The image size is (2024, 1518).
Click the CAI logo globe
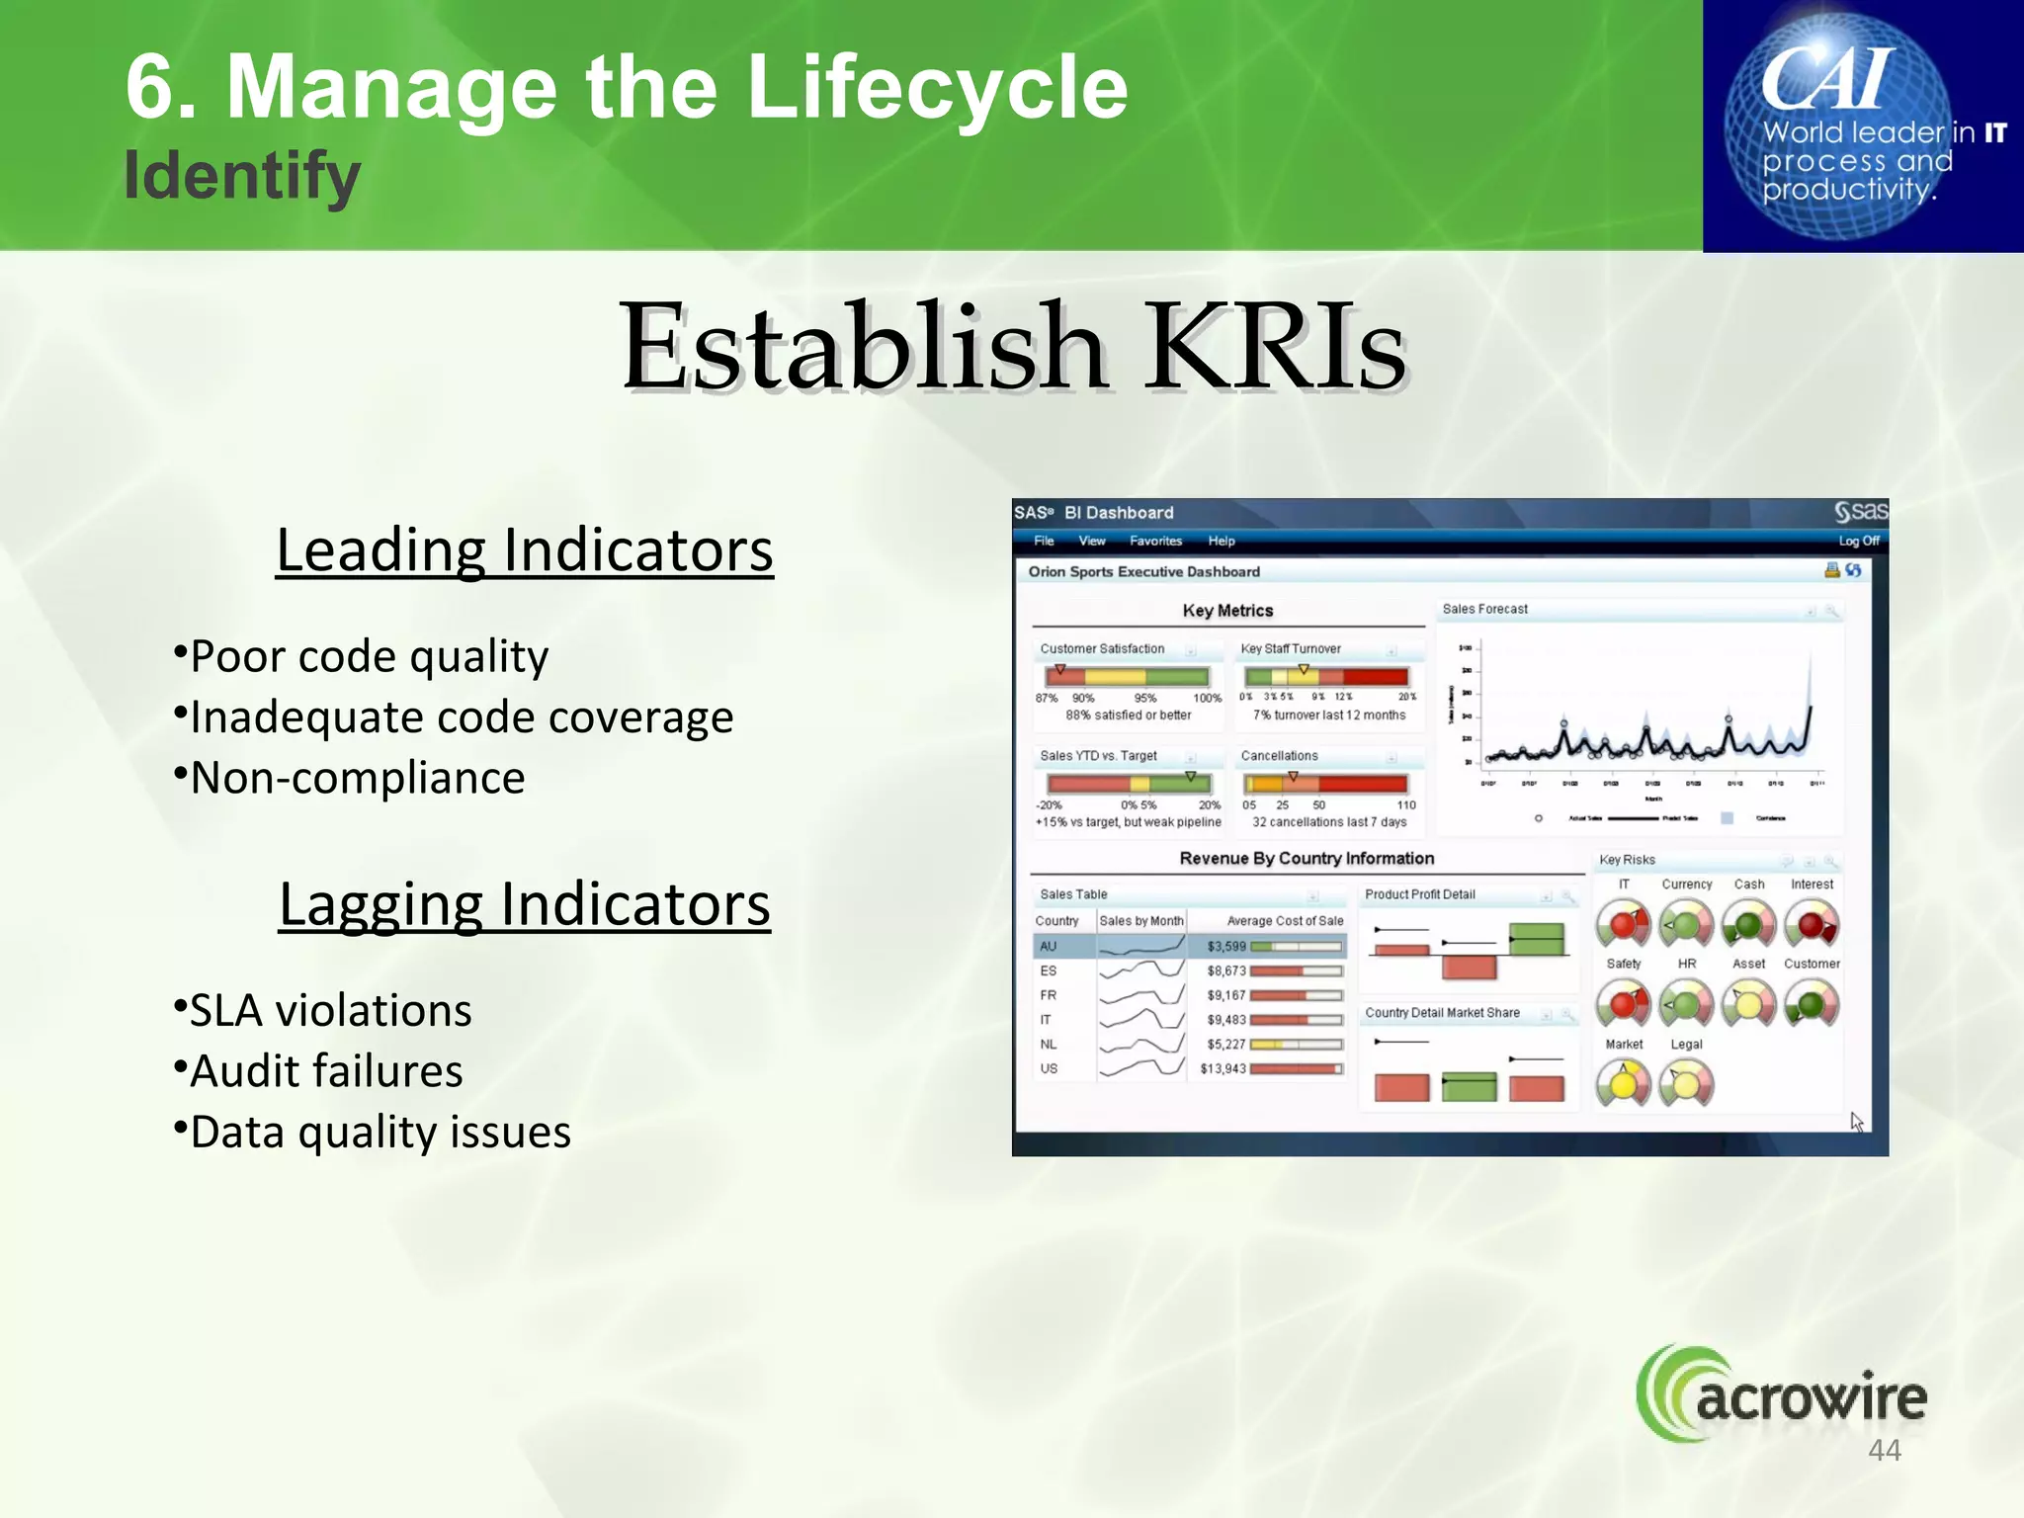tap(1838, 126)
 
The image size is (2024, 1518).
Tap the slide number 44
tap(1885, 1450)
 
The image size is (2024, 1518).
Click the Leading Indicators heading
tap(524, 550)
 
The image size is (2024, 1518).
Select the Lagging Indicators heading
tap(524, 904)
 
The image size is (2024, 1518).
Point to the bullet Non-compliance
tap(356, 778)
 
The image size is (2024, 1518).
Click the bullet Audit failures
tap(325, 1071)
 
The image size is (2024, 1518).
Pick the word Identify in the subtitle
tap(242, 176)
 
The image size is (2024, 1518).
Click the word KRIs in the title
tap(1275, 348)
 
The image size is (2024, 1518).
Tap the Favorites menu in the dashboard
tap(1155, 541)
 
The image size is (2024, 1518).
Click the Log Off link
tap(1858, 541)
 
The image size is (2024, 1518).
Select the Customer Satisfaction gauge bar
tap(1128, 677)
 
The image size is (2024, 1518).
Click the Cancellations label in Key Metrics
tap(1279, 756)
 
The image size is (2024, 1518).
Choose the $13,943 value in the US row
tap(1223, 1068)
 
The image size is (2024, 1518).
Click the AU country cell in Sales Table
tap(1049, 946)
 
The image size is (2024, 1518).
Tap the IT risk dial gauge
tap(1623, 925)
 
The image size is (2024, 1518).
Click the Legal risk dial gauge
tap(1686, 1084)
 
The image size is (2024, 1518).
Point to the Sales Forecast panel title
tap(1484, 609)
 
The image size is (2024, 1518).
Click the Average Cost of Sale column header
tap(1285, 921)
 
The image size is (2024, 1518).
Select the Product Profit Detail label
tap(1419, 894)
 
